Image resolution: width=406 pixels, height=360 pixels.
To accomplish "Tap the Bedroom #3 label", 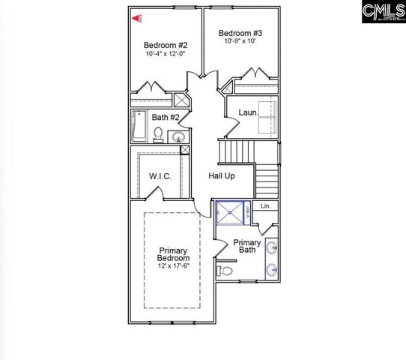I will (x=239, y=33).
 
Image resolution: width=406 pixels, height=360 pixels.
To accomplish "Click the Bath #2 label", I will (x=164, y=118).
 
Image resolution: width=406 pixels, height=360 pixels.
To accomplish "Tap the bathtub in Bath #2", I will (x=138, y=126).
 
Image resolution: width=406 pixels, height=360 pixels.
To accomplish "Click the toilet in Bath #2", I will (x=158, y=135).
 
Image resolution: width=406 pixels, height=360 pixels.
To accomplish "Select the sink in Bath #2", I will (x=178, y=136).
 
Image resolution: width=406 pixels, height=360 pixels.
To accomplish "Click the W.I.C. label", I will (x=160, y=176).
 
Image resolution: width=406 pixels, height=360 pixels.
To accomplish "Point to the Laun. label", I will (x=248, y=112).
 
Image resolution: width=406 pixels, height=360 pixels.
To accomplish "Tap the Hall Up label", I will (x=222, y=175).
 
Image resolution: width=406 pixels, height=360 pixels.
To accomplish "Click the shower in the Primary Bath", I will (x=232, y=212).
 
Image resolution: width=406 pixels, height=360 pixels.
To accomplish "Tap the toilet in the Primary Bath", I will (x=222, y=270).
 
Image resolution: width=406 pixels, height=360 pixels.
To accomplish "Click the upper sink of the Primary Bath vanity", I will (x=271, y=247).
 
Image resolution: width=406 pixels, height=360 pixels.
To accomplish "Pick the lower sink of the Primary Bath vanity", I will (x=271, y=270).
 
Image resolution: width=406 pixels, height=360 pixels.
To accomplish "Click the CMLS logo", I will (x=381, y=12).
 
